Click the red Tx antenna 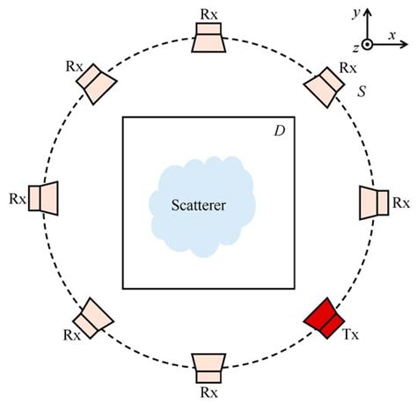tap(322, 317)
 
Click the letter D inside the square tap(279, 131)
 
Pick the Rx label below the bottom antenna tap(209, 390)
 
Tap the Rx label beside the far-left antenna tap(16, 199)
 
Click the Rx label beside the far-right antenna tap(401, 202)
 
